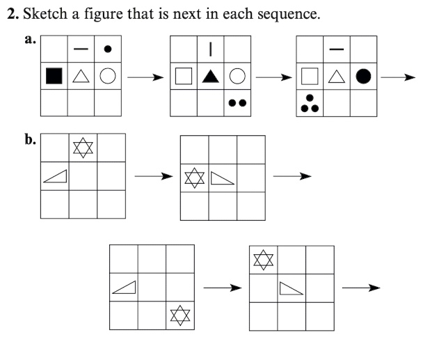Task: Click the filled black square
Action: pyautogui.click(x=54, y=77)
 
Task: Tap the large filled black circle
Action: pyautogui.click(x=363, y=77)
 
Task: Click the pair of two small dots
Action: pyautogui.click(x=237, y=103)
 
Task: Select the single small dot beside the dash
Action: pyautogui.click(x=107, y=49)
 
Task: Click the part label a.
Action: pyautogui.click(x=29, y=40)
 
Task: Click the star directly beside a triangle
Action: pyautogui.click(x=194, y=178)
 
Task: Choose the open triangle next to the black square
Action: pyautogui.click(x=81, y=77)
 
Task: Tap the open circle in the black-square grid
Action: pyautogui.click(x=107, y=77)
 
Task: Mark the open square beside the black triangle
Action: pyautogui.click(x=184, y=77)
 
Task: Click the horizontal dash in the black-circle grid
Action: pyautogui.click(x=337, y=49)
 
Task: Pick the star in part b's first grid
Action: pyautogui.click(x=83, y=148)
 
